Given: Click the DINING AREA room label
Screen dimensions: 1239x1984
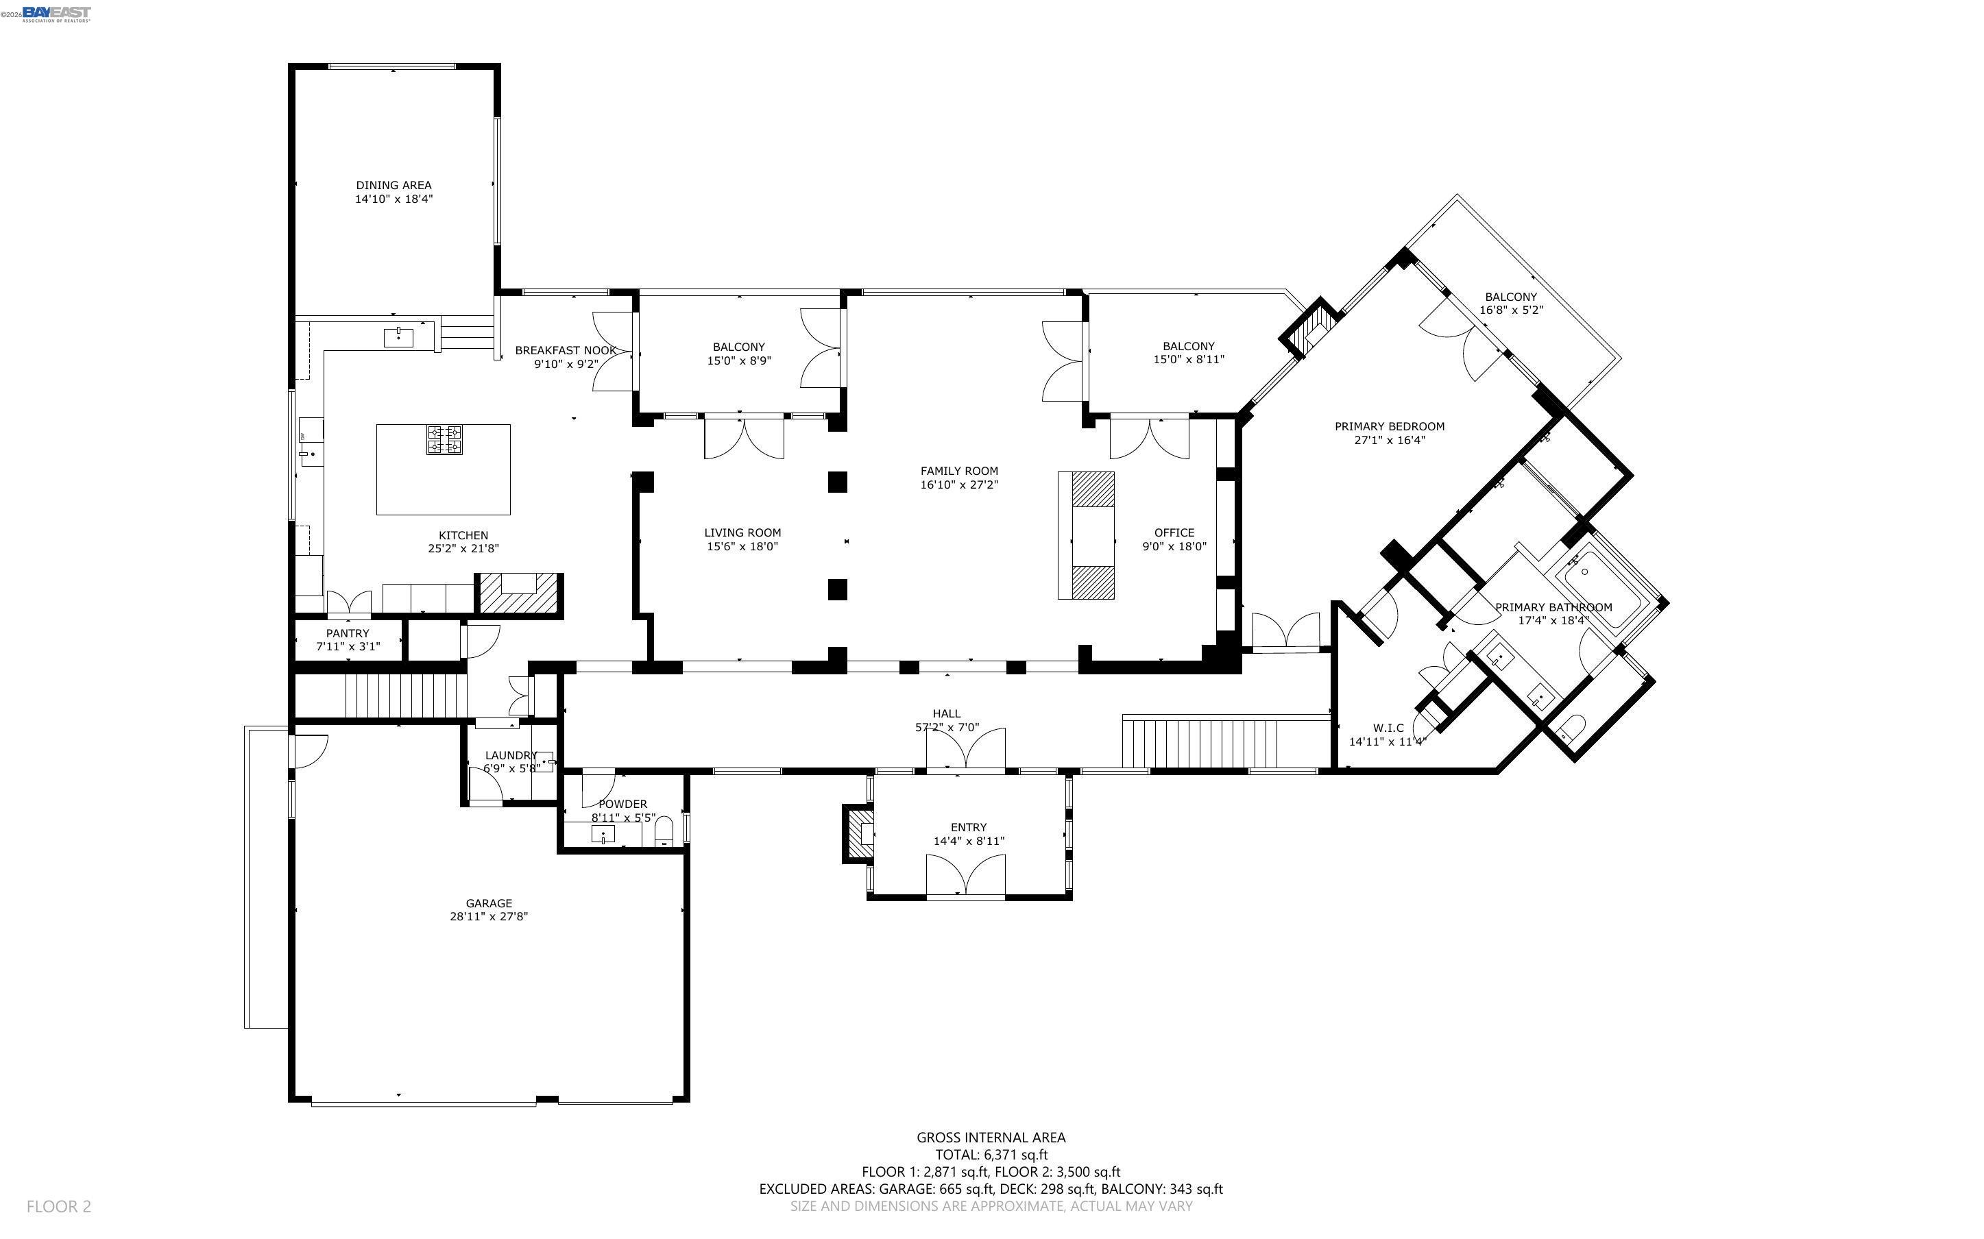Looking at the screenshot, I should coord(394,185).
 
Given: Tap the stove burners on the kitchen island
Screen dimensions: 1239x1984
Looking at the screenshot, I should coord(444,439).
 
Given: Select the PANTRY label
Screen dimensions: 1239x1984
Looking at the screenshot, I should coord(348,633).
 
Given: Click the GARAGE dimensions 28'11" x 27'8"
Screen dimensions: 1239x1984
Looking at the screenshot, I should coord(488,916).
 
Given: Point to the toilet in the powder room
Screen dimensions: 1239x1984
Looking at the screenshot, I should coord(664,832).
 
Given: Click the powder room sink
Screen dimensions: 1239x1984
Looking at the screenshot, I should coord(603,835).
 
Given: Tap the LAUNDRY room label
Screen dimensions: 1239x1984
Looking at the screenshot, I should coord(510,755).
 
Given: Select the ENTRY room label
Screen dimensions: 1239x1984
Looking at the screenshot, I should coord(969,828).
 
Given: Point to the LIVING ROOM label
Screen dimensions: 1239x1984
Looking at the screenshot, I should coord(742,532).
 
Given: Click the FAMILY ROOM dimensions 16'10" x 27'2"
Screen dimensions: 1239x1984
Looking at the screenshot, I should coord(959,484).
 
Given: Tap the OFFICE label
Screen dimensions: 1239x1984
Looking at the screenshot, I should coord(1174,532).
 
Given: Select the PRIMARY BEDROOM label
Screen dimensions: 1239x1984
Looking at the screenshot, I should coord(1389,426).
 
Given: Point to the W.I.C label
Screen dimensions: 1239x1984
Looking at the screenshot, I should coord(1388,728).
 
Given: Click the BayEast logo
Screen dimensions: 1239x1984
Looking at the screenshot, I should coord(56,13).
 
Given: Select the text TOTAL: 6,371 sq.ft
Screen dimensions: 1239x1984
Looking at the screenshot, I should coord(991,1155).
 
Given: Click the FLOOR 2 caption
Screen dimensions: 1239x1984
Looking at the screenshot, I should coord(59,1206).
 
